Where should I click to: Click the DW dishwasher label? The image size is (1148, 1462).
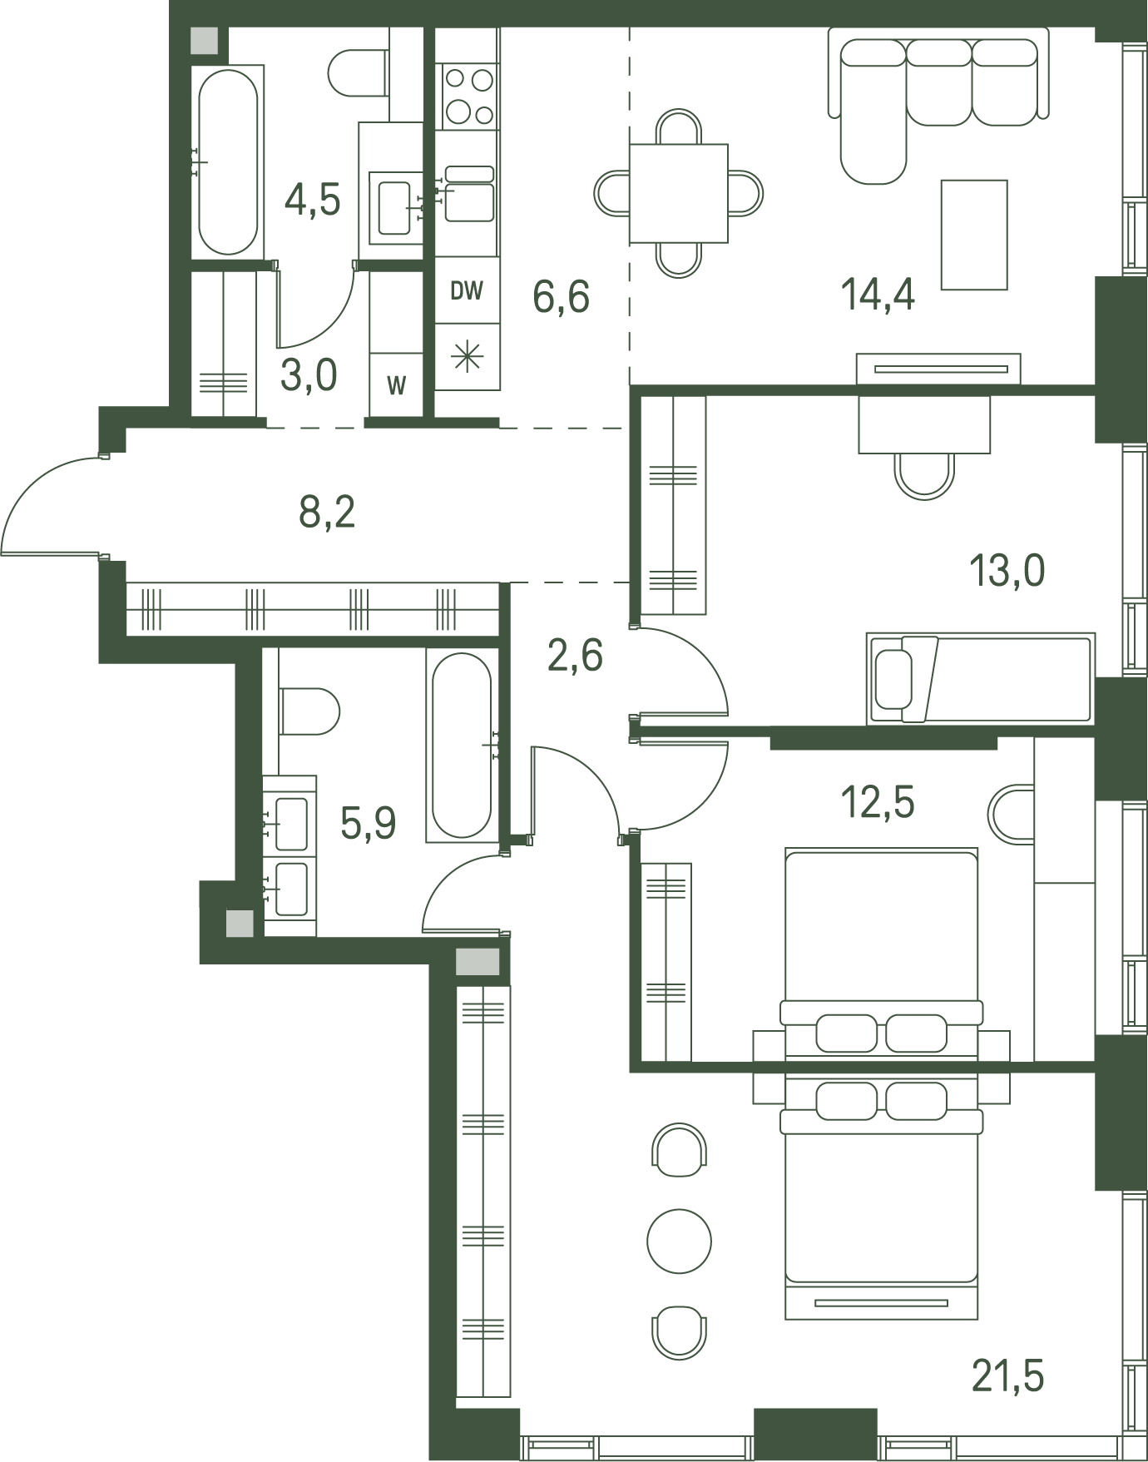(x=467, y=290)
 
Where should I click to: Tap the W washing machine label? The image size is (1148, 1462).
(x=397, y=385)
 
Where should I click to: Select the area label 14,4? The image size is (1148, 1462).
(x=878, y=295)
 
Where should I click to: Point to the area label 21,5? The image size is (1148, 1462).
(x=1007, y=1375)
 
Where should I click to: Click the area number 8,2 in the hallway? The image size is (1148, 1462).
(x=327, y=512)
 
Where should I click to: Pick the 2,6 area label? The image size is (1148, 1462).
(x=575, y=655)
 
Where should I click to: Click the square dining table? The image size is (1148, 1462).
(x=679, y=193)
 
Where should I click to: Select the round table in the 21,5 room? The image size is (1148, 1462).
(x=680, y=1241)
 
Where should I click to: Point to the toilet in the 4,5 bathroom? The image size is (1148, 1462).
(x=359, y=73)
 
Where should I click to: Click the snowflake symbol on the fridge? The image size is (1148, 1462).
(x=468, y=357)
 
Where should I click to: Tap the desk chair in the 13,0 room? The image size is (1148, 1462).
(x=924, y=475)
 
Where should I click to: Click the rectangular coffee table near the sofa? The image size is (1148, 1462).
(x=974, y=235)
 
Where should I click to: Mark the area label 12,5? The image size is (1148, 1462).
(x=878, y=802)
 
